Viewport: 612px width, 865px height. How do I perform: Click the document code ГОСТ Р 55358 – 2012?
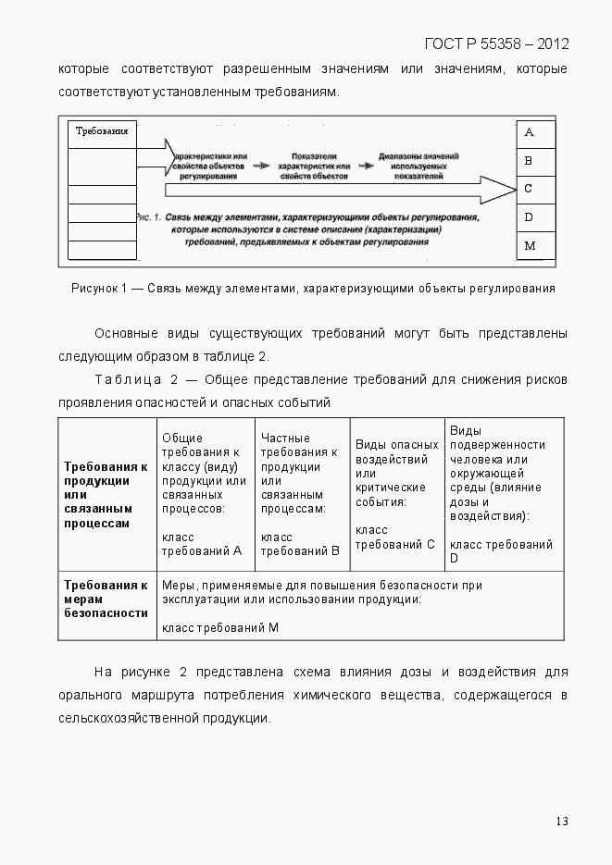(x=496, y=43)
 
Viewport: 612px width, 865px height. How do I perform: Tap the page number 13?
(x=562, y=822)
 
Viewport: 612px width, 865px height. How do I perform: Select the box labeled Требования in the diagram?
(x=102, y=132)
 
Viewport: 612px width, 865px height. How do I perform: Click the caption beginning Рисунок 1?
(x=313, y=288)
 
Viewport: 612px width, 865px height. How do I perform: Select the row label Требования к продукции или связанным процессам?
(x=106, y=494)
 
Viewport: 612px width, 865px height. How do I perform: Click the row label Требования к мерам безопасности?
(x=106, y=599)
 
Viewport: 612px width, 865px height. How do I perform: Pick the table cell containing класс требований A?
(x=206, y=494)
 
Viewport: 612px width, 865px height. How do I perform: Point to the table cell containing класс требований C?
(x=398, y=494)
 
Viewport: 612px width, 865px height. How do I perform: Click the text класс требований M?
(x=219, y=628)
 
